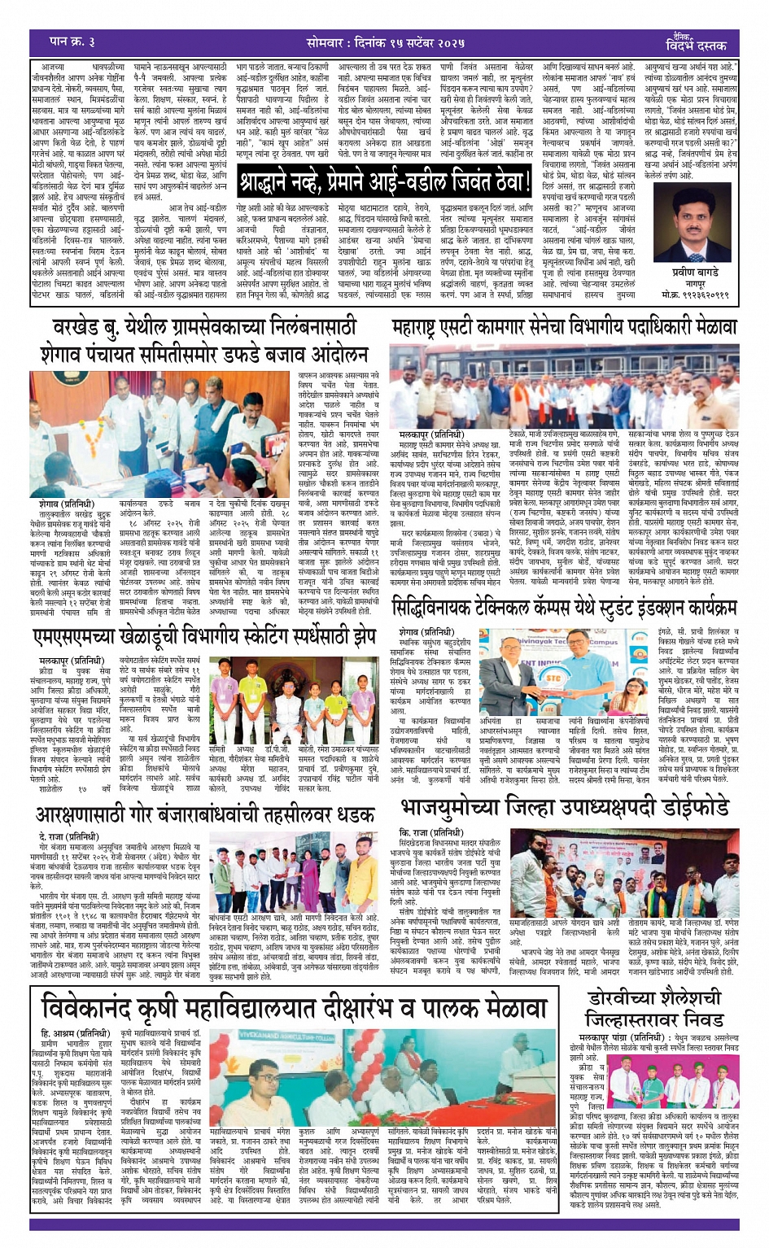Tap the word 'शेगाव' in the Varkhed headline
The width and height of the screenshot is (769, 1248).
coord(70,354)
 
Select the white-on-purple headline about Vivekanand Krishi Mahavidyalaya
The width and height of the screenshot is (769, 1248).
coord(294,1007)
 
